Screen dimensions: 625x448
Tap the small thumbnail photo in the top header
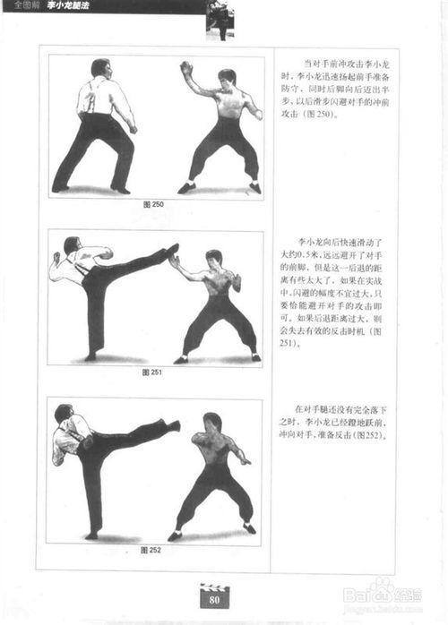tap(219, 18)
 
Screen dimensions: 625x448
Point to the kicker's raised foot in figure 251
tap(172, 251)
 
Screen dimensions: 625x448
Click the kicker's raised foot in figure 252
tap(172, 425)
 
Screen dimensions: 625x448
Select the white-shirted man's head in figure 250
tap(100, 67)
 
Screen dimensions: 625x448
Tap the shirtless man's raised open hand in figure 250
tap(186, 68)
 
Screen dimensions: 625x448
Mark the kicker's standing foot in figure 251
tap(90, 356)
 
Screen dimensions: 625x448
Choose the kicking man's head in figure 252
tap(63, 414)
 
